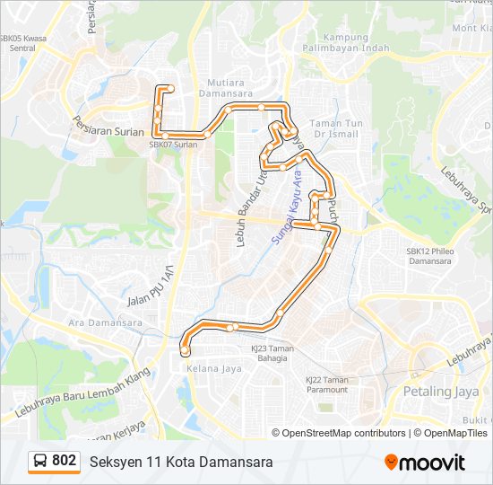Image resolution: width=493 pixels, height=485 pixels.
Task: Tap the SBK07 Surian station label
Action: pos(172,144)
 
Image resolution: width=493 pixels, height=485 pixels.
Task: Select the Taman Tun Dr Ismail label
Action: pos(334,128)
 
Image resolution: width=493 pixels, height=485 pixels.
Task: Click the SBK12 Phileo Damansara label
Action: pos(430,257)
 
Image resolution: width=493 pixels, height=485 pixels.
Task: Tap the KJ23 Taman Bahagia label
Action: pos(269,354)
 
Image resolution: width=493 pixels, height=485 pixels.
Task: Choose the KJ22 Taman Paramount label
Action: pos(326,385)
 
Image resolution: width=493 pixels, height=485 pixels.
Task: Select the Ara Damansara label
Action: pos(106,322)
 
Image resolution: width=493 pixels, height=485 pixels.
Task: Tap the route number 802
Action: pos(65,461)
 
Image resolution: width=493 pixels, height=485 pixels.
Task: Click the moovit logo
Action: pos(425,462)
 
